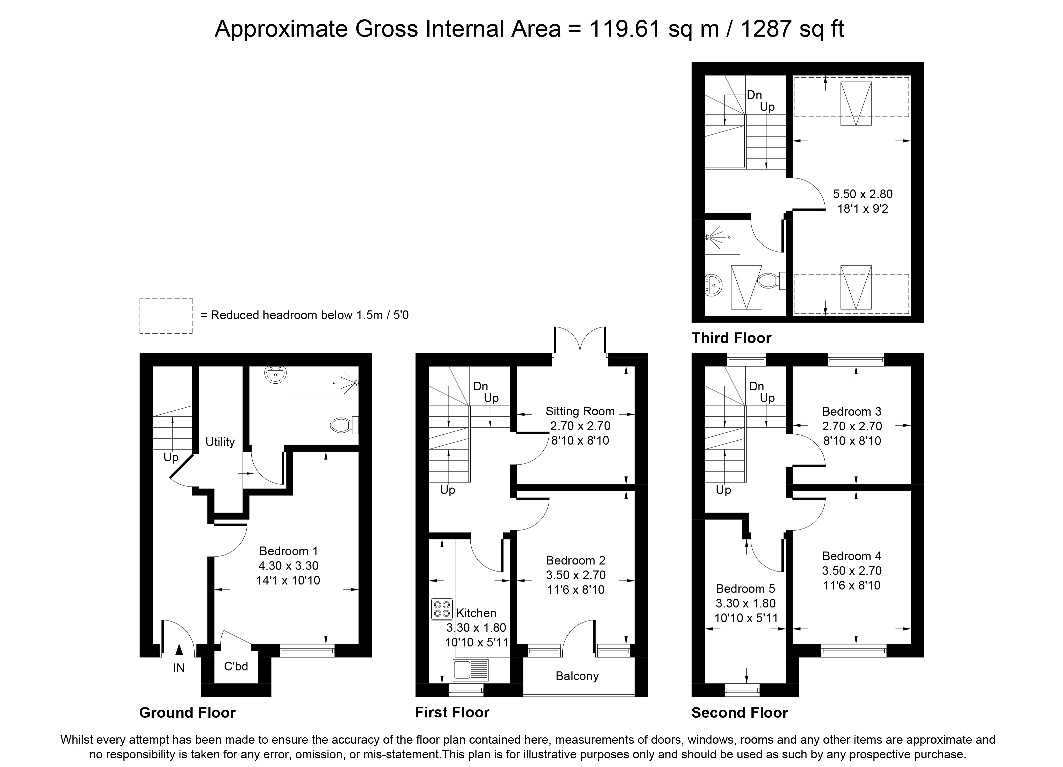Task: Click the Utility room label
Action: (x=220, y=442)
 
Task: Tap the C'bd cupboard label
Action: (x=236, y=666)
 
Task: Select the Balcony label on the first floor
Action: (x=577, y=676)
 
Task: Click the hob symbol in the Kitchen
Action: (x=442, y=609)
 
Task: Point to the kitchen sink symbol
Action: (x=471, y=670)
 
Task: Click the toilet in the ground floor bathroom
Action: (x=344, y=425)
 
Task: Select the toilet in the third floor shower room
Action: (x=771, y=281)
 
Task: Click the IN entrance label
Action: (x=179, y=668)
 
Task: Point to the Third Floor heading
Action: (x=731, y=338)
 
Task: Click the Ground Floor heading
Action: (x=187, y=713)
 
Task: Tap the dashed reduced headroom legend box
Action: (x=166, y=316)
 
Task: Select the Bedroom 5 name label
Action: (x=745, y=588)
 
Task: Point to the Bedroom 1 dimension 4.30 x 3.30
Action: (x=288, y=566)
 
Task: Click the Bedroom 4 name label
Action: (x=852, y=556)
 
